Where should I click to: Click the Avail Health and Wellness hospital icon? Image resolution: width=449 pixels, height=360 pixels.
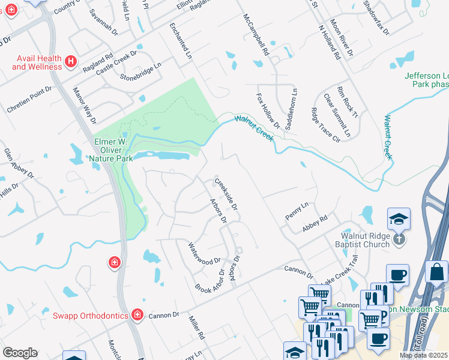[x=71, y=61]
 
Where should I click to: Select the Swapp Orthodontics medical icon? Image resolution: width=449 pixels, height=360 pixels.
[x=137, y=315]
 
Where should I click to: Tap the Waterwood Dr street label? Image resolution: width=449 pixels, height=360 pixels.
[x=205, y=254]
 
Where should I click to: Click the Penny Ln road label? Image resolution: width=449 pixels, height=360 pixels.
[x=297, y=211]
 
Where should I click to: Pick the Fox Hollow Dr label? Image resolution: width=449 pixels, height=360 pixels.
[x=268, y=110]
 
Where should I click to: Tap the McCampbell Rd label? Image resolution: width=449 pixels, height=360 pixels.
[x=255, y=35]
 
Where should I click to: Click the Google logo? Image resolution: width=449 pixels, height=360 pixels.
[x=20, y=353]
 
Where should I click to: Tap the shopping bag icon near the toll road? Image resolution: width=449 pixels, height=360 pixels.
[x=436, y=271]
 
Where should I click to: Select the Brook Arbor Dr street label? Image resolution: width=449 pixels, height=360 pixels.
[x=209, y=281]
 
